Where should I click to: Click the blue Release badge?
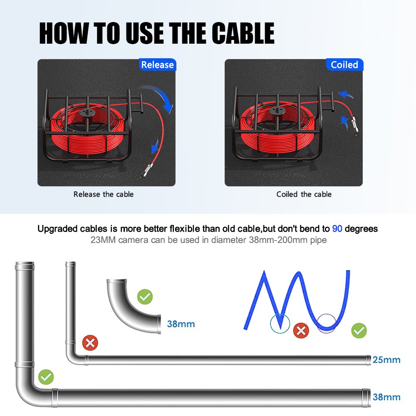158,64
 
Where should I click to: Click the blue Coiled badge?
344,64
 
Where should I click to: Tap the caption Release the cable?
104,194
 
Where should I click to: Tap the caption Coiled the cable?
304,194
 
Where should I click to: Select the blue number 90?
337,228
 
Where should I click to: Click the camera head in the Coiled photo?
355,126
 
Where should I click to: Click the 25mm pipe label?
386,360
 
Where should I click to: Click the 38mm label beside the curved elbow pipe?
181,324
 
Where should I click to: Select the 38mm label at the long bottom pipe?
386,397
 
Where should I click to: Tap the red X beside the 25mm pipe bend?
90,343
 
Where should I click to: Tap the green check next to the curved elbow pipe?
145,297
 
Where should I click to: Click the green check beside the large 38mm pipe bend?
46,377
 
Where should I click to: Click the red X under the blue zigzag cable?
301,331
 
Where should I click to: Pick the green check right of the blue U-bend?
359,331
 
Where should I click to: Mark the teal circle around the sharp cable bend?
271,324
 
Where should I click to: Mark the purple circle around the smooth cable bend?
317,324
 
